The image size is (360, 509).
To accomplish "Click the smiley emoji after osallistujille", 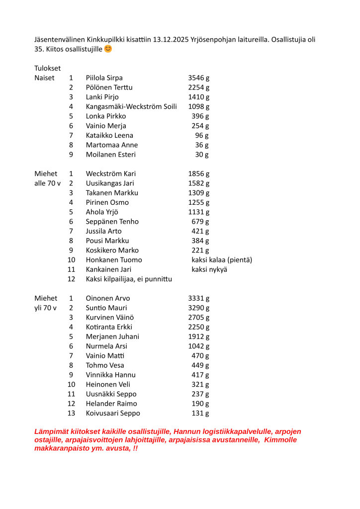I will (108, 49).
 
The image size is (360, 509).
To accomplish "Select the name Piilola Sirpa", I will (104, 78).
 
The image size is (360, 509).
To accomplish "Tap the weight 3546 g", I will (199, 78).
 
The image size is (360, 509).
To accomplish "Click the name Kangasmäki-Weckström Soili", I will (131, 106).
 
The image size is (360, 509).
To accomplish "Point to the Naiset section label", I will (44, 78).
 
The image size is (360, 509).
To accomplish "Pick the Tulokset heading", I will (48, 68).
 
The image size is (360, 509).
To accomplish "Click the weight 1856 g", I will (199, 173).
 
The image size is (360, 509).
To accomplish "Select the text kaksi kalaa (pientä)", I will (222, 259).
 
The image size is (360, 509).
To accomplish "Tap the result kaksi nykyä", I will (209, 269).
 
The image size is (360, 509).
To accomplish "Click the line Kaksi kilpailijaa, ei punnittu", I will (129, 279).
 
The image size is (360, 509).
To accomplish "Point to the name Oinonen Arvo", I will (108, 298).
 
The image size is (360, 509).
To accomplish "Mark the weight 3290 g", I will (199, 308).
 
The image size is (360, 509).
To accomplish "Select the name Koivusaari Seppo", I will (113, 413).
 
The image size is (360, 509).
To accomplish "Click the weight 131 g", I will (200, 413).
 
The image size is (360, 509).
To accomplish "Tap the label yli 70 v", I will (46, 308).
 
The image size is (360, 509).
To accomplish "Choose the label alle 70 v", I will (48, 183).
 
